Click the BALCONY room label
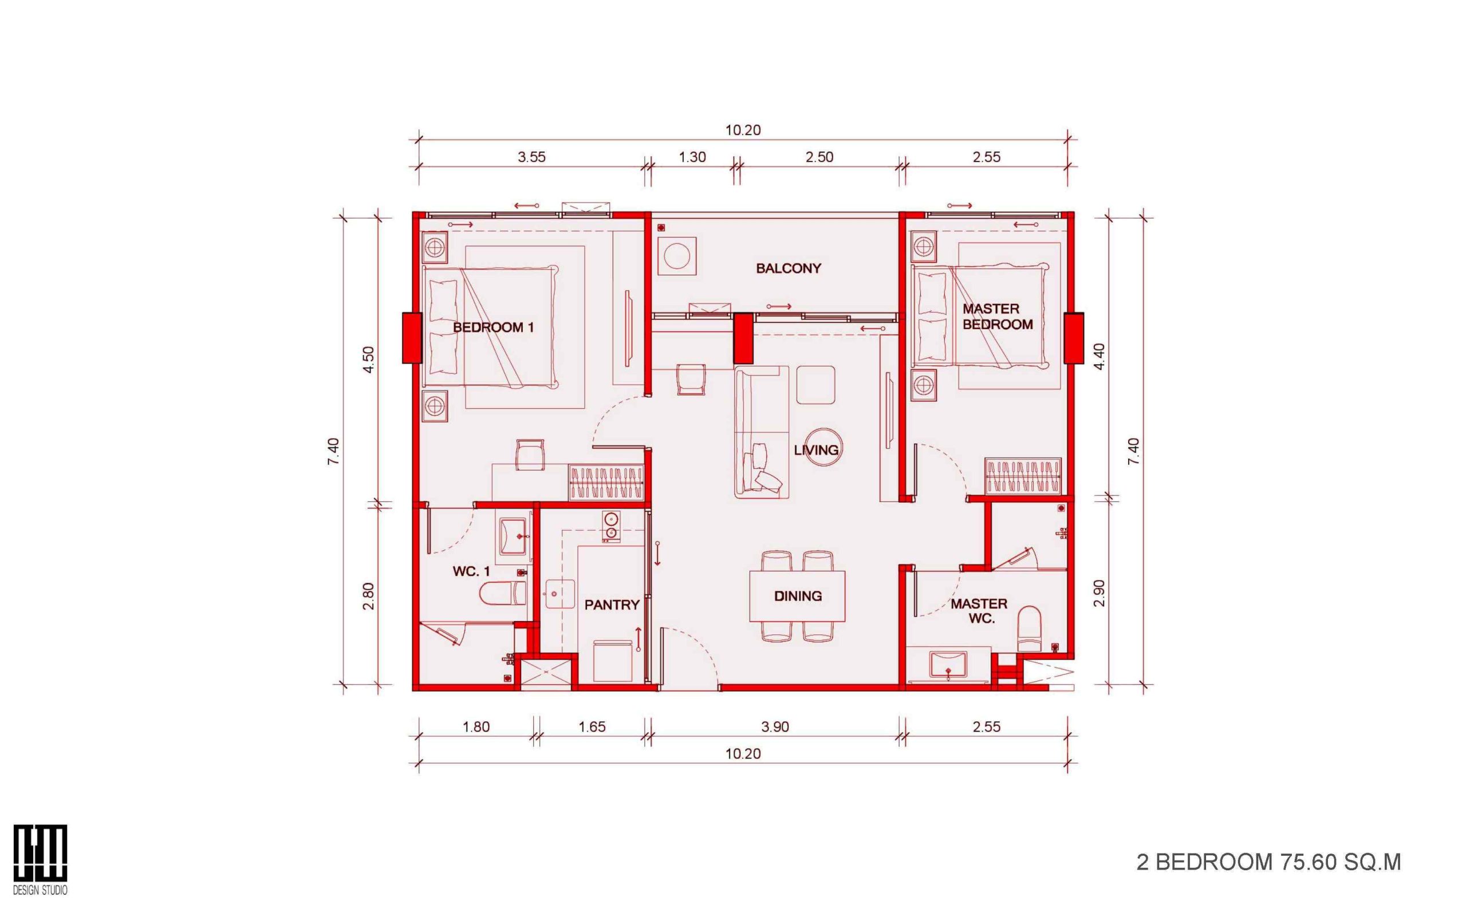pos(788,269)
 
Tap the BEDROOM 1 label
pos(493,327)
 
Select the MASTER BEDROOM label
pos(998,317)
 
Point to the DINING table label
pos(798,596)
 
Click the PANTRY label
pos(612,604)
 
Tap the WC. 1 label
pos(471,571)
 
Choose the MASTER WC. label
pos(978,611)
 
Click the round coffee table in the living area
pos(822,447)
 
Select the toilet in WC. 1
pos(503,593)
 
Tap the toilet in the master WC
pos(1029,628)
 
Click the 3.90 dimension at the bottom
pos(775,727)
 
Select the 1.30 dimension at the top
pos(692,157)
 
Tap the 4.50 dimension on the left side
pos(369,359)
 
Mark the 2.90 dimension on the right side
pos(1099,593)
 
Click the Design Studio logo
pos(40,859)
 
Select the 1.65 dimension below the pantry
pos(592,727)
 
